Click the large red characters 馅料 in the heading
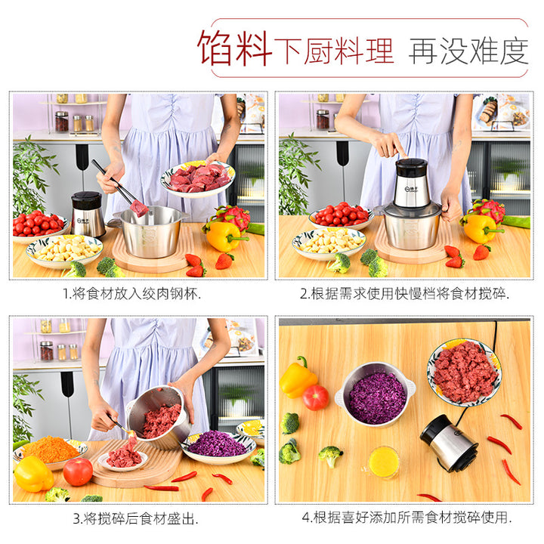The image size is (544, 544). coord(234,48)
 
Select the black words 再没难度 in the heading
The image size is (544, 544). coord(468,51)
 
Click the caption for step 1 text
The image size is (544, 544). coord(132,294)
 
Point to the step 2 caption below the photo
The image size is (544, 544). coord(404,294)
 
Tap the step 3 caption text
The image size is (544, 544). coord(136,518)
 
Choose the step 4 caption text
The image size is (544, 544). coord(406,518)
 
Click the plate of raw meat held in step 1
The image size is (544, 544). coord(198,178)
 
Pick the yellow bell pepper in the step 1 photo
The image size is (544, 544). coord(224,236)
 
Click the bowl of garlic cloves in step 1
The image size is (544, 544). coord(64,251)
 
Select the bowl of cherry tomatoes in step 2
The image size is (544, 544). coord(341,216)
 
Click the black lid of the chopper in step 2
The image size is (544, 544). coord(412,167)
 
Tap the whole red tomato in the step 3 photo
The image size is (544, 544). coord(78,471)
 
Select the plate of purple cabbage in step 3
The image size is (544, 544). coord(218,447)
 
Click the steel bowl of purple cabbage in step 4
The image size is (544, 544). coord(376,395)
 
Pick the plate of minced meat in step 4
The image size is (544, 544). coord(464,372)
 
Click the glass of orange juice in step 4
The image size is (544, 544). coord(382,462)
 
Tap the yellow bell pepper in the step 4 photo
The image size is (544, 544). coord(298,378)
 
